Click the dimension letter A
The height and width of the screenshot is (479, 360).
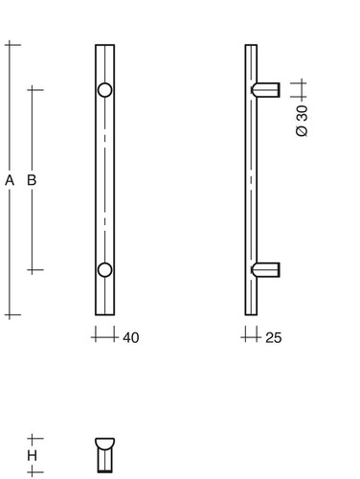[10, 180]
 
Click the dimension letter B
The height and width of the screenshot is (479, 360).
[32, 180]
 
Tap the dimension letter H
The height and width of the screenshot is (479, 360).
[32, 456]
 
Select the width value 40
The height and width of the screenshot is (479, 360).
[131, 338]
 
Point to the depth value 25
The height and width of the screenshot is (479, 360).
[274, 338]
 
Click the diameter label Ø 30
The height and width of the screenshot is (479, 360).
[302, 121]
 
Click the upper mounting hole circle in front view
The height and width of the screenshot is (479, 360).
[104, 90]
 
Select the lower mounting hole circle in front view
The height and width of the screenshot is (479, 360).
[104, 270]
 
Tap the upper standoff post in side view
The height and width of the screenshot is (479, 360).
[265, 90]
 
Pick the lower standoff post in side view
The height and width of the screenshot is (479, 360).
[265, 270]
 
